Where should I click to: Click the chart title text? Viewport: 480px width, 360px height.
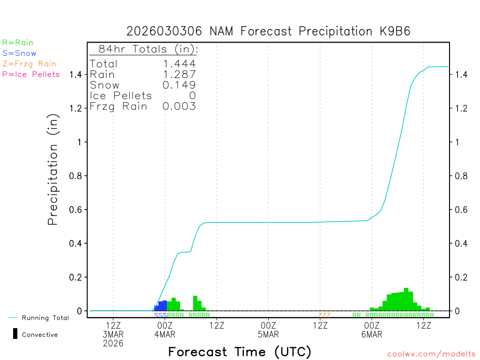point(269,31)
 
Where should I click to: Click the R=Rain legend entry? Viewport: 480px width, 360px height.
point(18,43)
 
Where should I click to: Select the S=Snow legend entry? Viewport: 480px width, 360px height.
point(19,53)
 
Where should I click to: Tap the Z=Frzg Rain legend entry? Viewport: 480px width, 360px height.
point(29,64)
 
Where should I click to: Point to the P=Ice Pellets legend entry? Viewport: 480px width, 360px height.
point(31,74)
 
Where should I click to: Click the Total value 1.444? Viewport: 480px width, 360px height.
point(179,64)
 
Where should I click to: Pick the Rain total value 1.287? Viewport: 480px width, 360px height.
point(179,75)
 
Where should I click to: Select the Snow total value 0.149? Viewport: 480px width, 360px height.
point(179,85)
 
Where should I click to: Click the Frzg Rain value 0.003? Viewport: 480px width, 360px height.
point(179,106)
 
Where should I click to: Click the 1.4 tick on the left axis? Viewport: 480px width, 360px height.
point(76,75)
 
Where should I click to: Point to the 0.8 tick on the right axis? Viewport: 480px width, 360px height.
point(461,176)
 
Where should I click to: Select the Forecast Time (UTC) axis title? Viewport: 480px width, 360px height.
point(240,352)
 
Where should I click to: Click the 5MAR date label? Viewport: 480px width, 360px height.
point(269,335)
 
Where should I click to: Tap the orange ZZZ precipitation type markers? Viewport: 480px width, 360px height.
point(324,315)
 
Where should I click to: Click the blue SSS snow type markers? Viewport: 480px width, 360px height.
point(161,315)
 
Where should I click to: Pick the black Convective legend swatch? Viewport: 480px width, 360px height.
point(15,334)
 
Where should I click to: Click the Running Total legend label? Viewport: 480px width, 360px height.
point(45,318)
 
